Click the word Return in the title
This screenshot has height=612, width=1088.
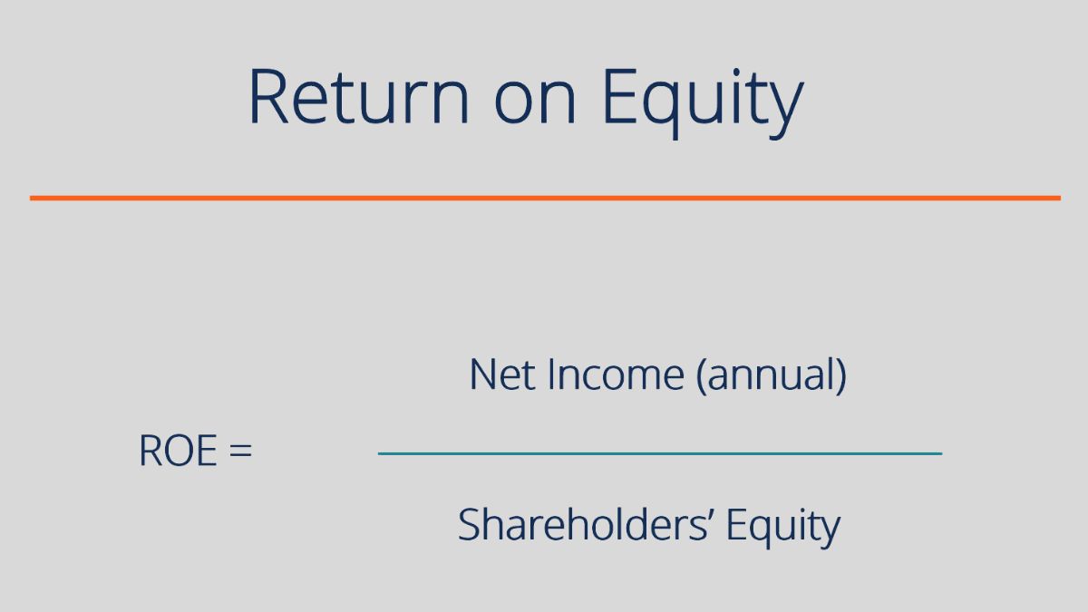coord(359,96)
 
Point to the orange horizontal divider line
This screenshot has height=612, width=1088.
coord(545,199)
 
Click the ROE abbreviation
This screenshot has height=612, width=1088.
coord(178,451)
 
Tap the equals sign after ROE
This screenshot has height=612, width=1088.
coord(241,451)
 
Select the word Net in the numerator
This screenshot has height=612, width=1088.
coord(502,374)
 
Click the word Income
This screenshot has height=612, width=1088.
coord(616,374)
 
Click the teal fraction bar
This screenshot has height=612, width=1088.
coord(660,453)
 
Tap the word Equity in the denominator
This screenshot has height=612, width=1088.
coord(783,528)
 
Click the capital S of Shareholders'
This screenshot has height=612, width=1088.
coord(468,525)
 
